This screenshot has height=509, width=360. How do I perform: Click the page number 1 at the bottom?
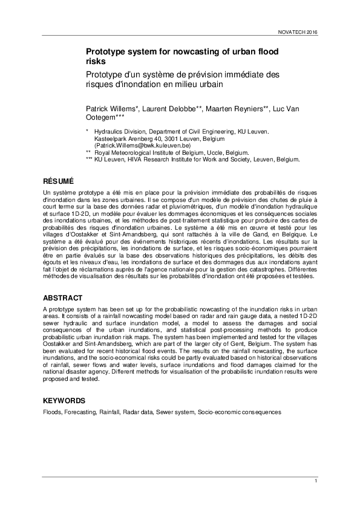[x=316, y=481]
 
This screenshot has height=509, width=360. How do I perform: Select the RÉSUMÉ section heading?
[x=58, y=181]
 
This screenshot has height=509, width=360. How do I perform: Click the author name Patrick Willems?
[x=111, y=108]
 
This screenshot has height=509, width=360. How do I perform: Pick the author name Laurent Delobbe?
[x=175, y=108]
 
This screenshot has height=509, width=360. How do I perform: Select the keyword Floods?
[x=51, y=412]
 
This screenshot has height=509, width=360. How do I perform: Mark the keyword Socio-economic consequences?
[x=239, y=412]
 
